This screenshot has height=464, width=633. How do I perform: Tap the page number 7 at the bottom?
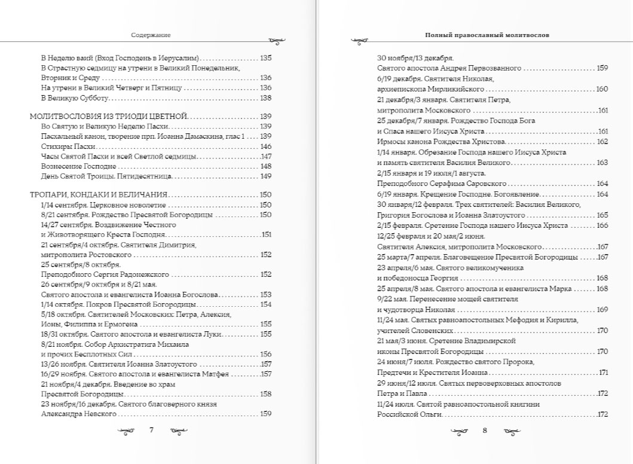151,430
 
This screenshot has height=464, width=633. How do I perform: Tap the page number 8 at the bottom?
485,430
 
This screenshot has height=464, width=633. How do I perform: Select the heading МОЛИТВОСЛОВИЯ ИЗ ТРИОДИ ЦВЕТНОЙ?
109,116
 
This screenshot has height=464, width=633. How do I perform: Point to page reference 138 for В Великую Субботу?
266,98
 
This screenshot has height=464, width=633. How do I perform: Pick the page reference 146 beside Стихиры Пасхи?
266,146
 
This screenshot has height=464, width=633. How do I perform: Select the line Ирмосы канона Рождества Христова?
441,142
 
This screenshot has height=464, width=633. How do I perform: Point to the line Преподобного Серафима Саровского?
442,184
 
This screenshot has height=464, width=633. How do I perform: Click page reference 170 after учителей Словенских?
602,331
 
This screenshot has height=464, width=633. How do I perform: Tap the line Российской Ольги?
409,414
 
